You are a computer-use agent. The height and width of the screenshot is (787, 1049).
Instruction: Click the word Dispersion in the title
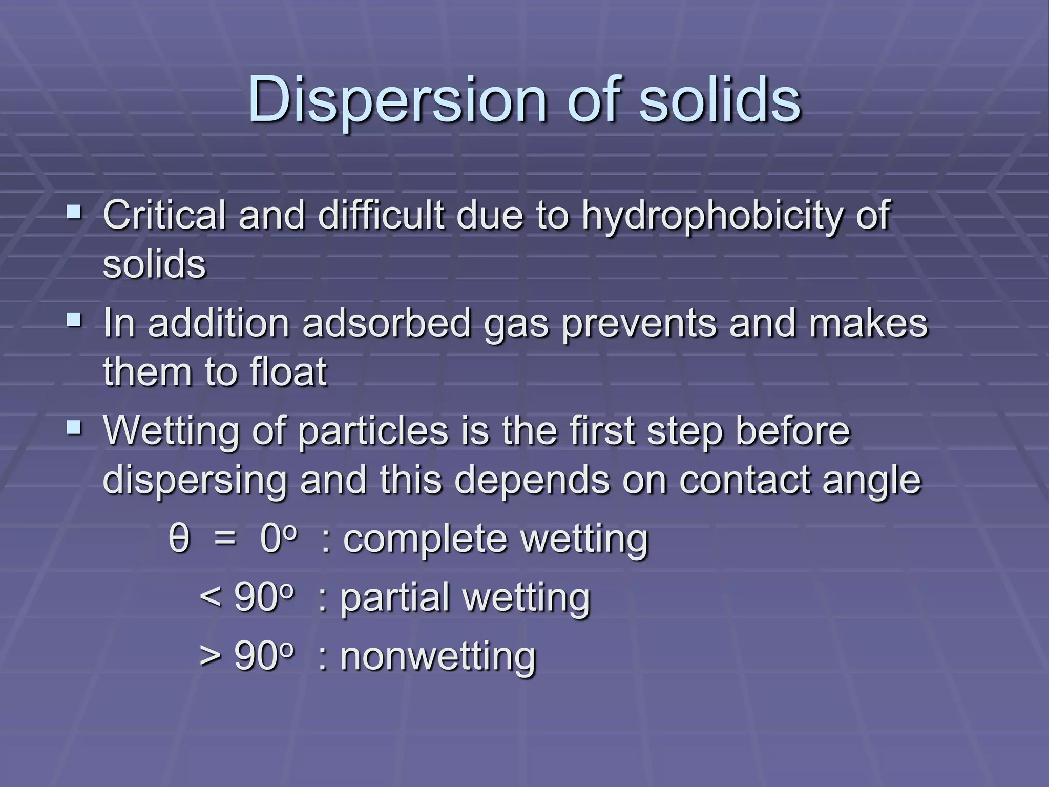point(397,100)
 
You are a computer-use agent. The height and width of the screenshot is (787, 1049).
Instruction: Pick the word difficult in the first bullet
point(381,215)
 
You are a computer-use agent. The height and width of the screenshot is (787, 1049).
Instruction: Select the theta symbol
point(179,539)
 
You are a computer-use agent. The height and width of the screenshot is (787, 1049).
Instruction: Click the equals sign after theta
point(225,540)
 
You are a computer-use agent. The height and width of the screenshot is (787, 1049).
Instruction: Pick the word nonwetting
point(438,656)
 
